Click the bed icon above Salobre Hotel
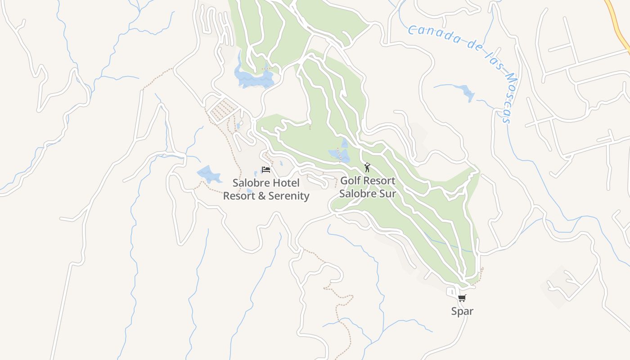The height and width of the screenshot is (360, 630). [266, 170]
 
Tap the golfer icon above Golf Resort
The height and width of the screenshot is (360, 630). [367, 168]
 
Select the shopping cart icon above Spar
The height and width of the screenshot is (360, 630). [462, 298]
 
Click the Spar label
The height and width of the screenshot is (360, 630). [462, 311]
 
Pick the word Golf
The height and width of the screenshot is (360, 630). [351, 181]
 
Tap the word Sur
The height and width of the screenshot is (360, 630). [387, 194]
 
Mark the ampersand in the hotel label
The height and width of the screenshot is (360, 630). [262, 196]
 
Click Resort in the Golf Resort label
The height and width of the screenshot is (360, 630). [379, 181]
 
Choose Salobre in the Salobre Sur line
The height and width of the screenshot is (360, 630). [358, 194]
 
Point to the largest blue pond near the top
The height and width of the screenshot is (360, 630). [254, 79]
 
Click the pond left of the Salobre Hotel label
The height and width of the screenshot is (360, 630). [209, 174]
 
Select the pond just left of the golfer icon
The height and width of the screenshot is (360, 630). [340, 154]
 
